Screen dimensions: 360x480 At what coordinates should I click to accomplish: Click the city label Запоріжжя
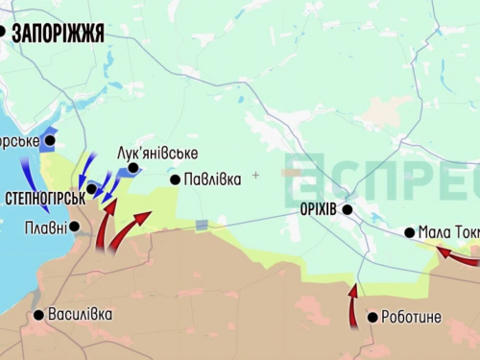tap(59, 34)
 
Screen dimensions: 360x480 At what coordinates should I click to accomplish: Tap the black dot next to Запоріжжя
tap(2, 33)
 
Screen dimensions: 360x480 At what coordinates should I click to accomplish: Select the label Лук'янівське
tap(157, 153)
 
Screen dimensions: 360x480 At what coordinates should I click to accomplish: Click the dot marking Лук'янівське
tap(133, 168)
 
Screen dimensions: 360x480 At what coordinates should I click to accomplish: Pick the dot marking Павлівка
tap(175, 180)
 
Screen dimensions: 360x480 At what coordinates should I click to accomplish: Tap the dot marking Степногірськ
tap(92, 189)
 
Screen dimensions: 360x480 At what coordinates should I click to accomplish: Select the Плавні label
tap(46, 228)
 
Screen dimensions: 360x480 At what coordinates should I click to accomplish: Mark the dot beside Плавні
tap(75, 228)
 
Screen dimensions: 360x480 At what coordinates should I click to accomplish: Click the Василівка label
tap(80, 314)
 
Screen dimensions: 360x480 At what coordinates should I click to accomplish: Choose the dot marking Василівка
tap(38, 315)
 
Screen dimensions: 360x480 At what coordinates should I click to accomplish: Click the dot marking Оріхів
tap(348, 209)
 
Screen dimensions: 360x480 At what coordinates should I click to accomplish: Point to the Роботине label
tap(411, 317)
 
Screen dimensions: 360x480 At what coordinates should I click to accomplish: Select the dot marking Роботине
tap(372, 318)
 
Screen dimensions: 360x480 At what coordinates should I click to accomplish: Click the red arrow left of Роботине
tap(353, 305)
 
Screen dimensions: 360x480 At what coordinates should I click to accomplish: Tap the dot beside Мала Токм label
tap(410, 232)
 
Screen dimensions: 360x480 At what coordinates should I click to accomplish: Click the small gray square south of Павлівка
tap(202, 226)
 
